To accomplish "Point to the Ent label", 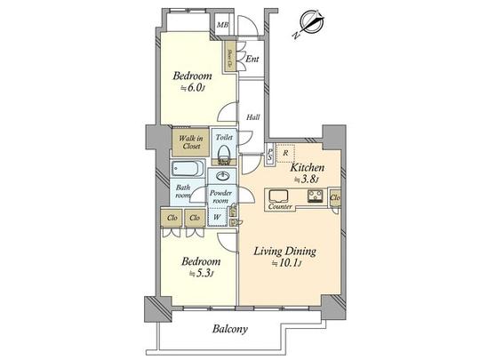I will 252,60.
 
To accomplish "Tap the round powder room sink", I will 220,176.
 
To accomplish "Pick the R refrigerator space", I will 284,153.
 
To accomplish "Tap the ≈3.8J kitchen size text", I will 306,179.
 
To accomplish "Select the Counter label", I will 281,207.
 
